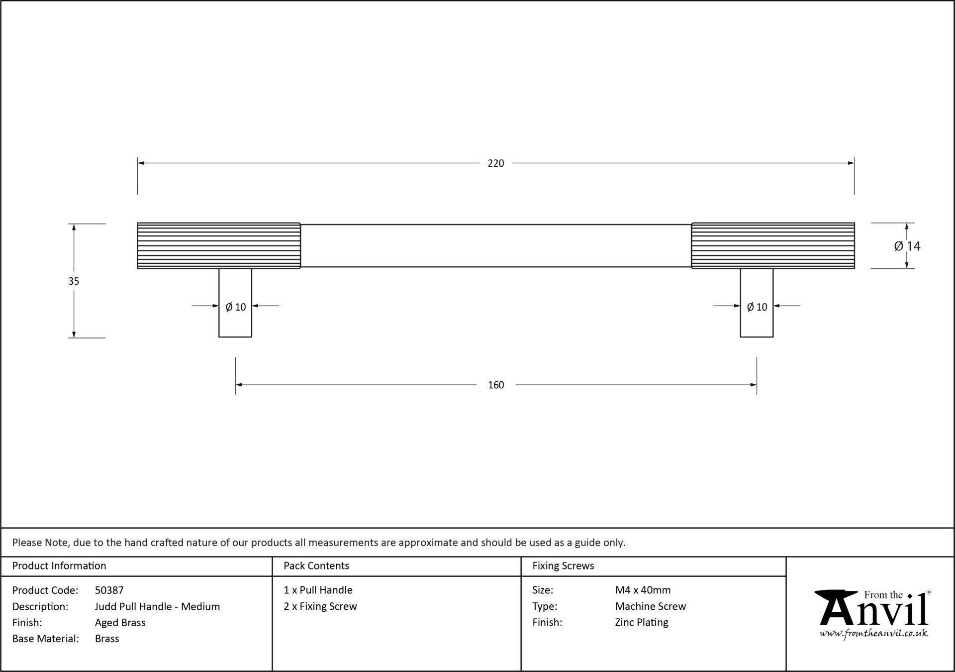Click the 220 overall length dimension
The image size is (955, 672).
[x=496, y=163]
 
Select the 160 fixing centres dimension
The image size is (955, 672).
[x=496, y=385]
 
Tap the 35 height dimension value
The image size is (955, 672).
[x=74, y=281]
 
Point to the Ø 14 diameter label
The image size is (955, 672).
[x=907, y=246]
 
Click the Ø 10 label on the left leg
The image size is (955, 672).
[x=236, y=307]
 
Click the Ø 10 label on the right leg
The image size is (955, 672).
[x=757, y=307]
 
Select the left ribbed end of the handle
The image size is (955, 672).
[x=219, y=245]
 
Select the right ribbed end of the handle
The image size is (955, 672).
[x=773, y=245]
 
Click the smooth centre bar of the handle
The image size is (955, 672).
[x=496, y=245]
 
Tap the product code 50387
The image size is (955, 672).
[x=109, y=590]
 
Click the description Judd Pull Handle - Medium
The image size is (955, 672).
[x=157, y=606]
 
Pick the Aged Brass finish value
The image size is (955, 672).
[x=120, y=623]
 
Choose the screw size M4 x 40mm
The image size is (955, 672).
[x=643, y=590]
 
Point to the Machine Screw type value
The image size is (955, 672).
[x=651, y=606]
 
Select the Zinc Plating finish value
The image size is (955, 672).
[x=642, y=623]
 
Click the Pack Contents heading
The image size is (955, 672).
[x=316, y=566]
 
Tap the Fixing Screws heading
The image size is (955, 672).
[x=563, y=566]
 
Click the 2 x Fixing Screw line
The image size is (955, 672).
[x=320, y=606]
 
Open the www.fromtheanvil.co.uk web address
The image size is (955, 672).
[x=874, y=634]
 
